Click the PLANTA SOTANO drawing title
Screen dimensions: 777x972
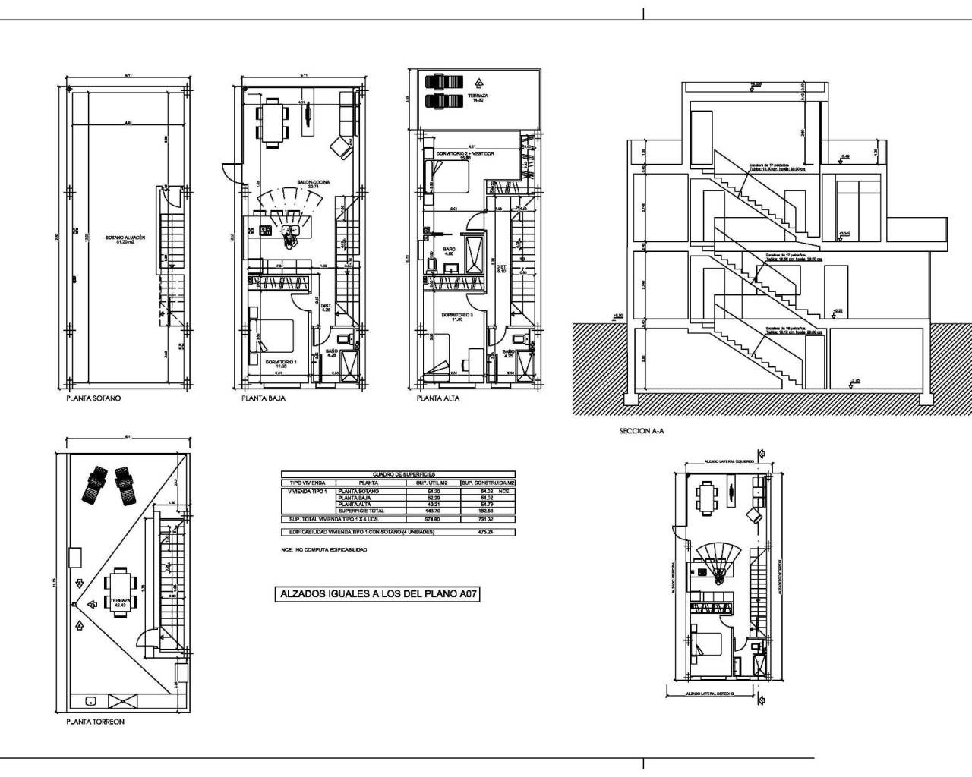coord(93,398)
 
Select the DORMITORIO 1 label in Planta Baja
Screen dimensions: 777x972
coord(280,363)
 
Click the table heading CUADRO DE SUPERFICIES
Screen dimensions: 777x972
coord(399,473)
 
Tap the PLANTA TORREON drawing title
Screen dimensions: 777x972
coord(95,723)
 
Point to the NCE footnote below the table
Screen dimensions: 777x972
coord(323,549)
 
